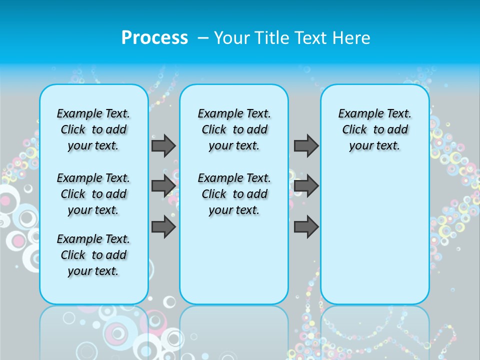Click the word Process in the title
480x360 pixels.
click(x=154, y=37)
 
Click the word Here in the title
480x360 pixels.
click(x=352, y=38)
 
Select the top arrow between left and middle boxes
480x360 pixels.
click(x=163, y=145)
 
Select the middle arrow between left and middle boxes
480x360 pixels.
click(x=163, y=186)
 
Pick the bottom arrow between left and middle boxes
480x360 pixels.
click(x=163, y=226)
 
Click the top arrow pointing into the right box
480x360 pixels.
click(x=306, y=145)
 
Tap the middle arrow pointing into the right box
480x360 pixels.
click(x=306, y=186)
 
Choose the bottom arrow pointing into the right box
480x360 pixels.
click(x=306, y=226)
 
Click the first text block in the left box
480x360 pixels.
click(x=93, y=129)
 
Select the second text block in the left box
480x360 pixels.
click(x=93, y=194)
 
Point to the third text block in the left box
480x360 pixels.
click(x=93, y=255)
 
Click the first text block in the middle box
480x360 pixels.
click(x=234, y=129)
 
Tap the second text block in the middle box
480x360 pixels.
click(x=234, y=194)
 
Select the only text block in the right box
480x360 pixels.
click(x=375, y=129)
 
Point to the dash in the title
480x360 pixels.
click(x=203, y=38)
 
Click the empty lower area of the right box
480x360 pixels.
click(x=375, y=240)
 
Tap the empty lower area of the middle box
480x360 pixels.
click(x=234, y=260)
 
